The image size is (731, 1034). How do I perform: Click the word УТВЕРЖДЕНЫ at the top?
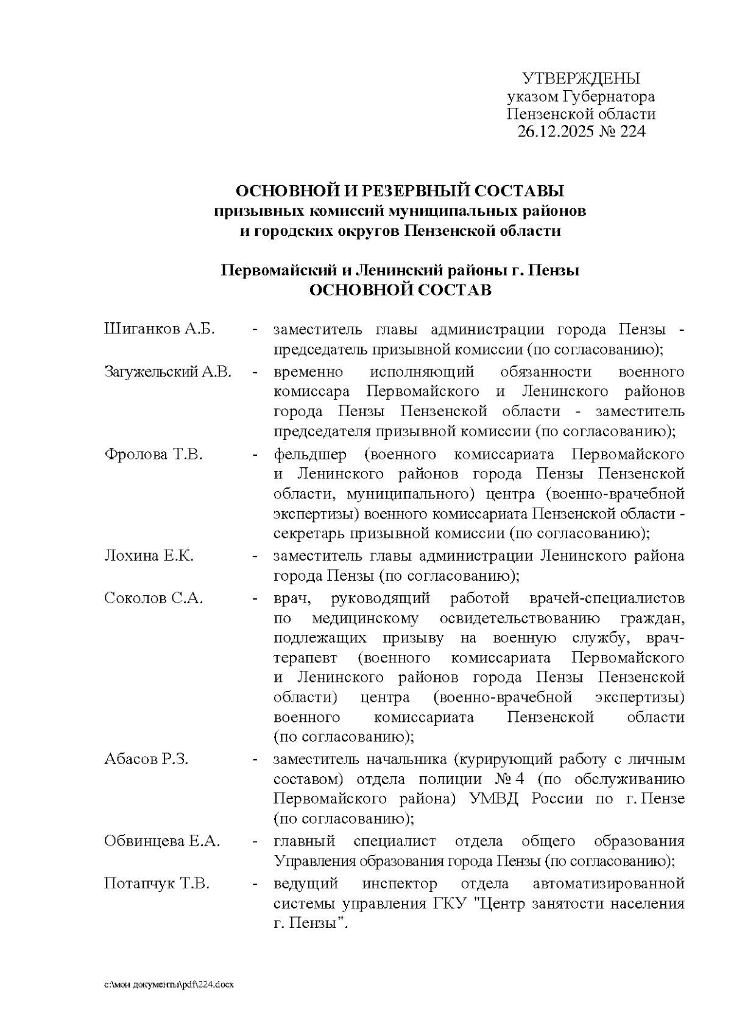click(x=581, y=79)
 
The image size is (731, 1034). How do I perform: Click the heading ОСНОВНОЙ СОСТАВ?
click(x=400, y=290)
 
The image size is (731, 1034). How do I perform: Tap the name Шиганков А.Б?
click(x=160, y=330)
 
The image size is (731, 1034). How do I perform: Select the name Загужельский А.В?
click(x=168, y=372)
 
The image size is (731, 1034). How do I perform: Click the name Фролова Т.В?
click(x=154, y=454)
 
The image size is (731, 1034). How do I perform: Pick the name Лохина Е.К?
click(x=149, y=556)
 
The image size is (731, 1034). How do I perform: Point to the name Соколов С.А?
click(x=154, y=598)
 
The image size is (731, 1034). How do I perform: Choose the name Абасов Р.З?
click(x=147, y=759)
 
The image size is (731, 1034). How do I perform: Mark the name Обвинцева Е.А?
click(x=162, y=841)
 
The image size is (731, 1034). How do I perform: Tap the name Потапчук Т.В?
click(x=157, y=884)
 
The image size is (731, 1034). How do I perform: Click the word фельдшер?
click(x=310, y=455)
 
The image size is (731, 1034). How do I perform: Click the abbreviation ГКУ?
click(x=450, y=904)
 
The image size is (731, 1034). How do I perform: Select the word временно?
click(x=309, y=372)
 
